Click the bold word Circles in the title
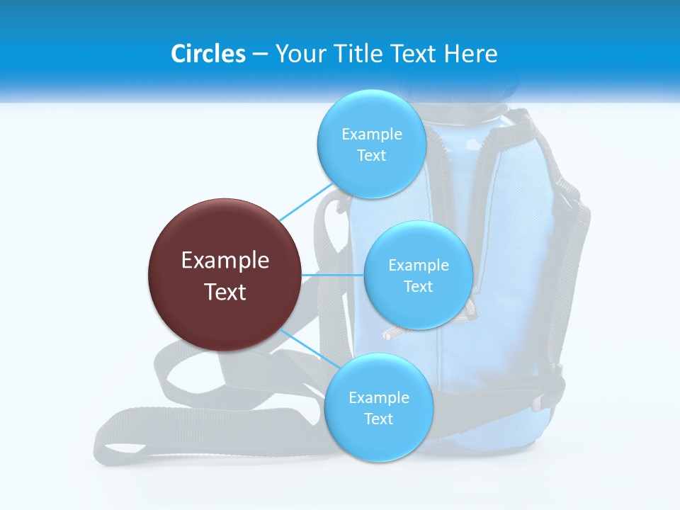tap(208, 54)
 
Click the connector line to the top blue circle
tap(306, 203)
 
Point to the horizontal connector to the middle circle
tap(332, 274)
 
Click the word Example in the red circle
tap(225, 260)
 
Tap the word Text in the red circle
tap(225, 292)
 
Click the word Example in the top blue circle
tap(371, 134)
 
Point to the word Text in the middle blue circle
tap(418, 286)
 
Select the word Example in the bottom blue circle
tap(378, 397)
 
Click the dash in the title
tap(259, 54)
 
